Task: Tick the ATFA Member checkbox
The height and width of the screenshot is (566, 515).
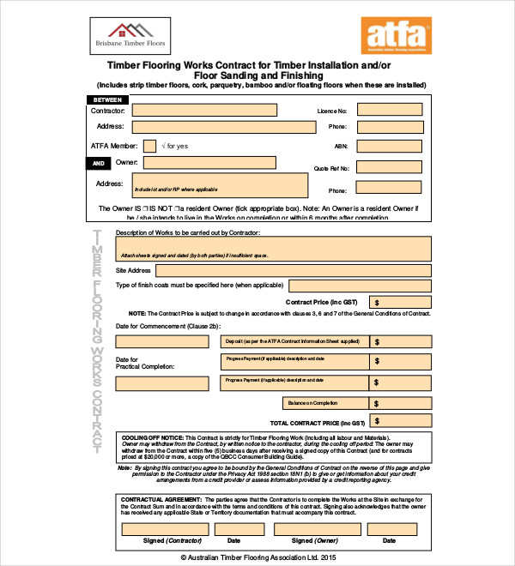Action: point(149,146)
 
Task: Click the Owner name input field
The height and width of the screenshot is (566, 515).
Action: point(209,162)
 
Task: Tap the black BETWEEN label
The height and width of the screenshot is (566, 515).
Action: point(111,100)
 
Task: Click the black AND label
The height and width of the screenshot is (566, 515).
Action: point(99,162)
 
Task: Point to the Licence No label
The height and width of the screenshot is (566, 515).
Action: point(331,111)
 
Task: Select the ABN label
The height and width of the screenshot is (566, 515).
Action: point(340,147)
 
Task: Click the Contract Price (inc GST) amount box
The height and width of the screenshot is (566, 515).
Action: point(400,302)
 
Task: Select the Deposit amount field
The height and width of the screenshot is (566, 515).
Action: point(400,340)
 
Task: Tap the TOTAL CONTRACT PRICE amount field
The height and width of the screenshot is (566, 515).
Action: point(400,423)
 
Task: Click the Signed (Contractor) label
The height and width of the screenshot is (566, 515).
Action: point(166,541)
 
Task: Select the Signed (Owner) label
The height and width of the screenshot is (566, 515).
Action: point(314,541)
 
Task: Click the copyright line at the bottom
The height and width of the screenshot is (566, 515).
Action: point(258,557)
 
